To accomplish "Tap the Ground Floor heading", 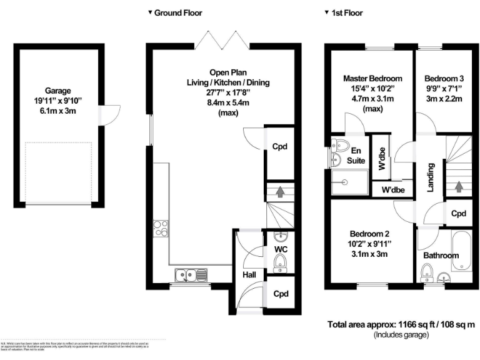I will coord(178,12).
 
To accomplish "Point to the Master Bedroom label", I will coord(372,79).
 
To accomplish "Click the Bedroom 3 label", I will coord(444,79).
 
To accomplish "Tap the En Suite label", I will coord(356,156).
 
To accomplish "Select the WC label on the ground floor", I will coord(281,249).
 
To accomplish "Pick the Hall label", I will coord(248,274).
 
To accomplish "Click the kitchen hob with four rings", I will coord(161,229).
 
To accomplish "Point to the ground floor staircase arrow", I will coord(280,192).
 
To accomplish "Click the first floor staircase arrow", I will coord(459,186).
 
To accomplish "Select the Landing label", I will coord(431,177).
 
